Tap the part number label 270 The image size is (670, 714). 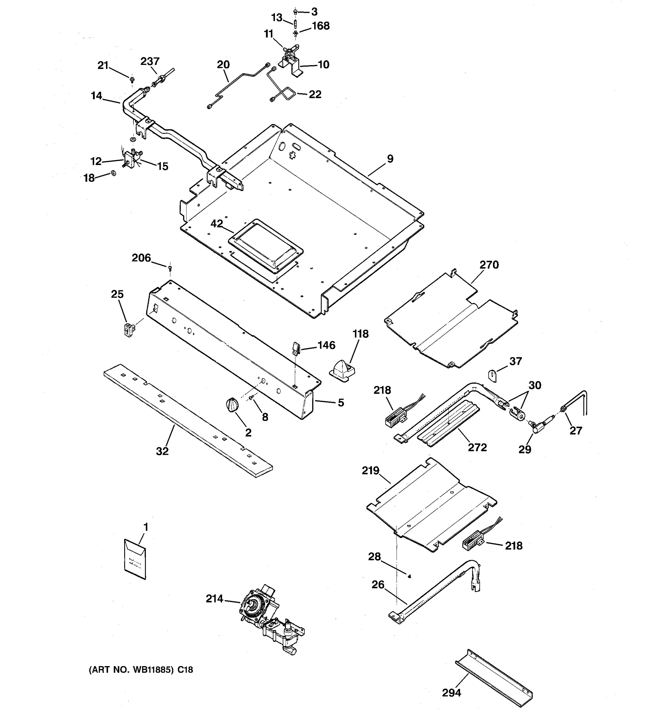489,265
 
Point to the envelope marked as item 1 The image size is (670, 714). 135,559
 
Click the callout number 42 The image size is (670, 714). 217,224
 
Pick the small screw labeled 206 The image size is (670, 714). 170,267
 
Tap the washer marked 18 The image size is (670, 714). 113,173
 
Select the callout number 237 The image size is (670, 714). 150,61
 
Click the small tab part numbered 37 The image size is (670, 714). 493,376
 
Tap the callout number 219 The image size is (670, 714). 371,470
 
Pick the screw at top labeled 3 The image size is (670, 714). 295,12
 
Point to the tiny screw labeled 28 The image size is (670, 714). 409,577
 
